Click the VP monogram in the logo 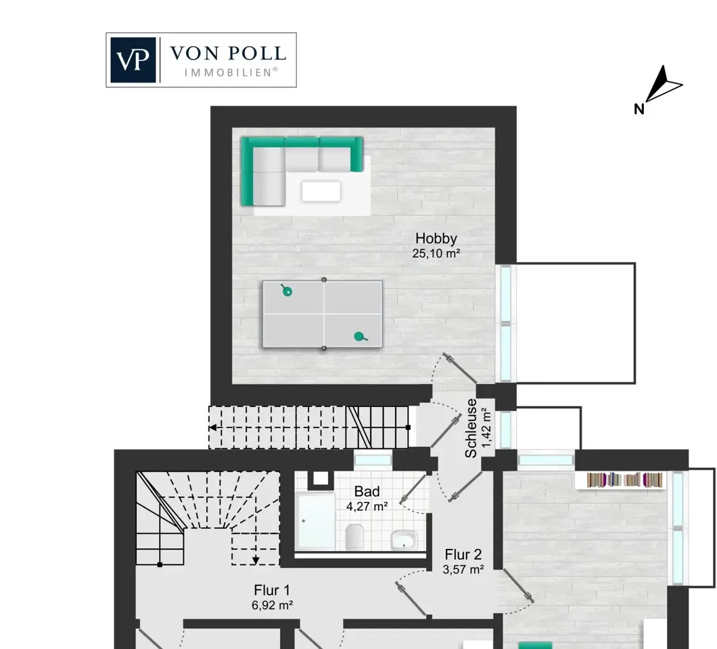tap(133, 60)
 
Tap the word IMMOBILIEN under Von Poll tap(231, 72)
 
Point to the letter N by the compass tap(639, 109)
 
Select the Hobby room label tap(436, 238)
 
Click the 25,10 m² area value tap(436, 254)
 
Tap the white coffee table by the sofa tap(321, 191)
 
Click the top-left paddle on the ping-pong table tap(286, 290)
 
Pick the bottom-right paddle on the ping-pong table tap(361, 337)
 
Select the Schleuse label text tap(471, 428)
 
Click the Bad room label tap(367, 491)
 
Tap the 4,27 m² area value tap(367, 506)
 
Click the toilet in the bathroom tap(355, 537)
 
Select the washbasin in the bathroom tap(404, 539)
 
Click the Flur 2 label tap(463, 554)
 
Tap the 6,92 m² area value tap(272, 605)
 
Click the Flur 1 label tap(272, 590)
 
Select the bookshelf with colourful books tap(624, 480)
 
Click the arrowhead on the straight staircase tap(212, 428)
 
